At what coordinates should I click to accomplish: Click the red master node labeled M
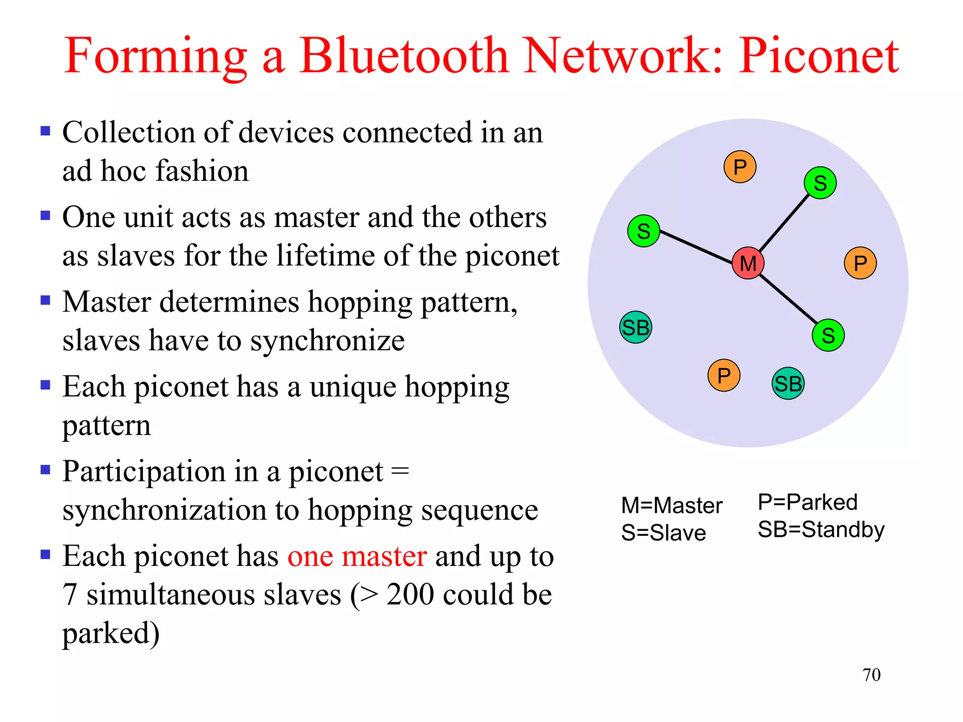pyautogui.click(x=748, y=263)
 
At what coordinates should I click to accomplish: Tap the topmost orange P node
pyautogui.click(x=740, y=167)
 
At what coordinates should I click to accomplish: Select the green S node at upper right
pyautogui.click(x=820, y=183)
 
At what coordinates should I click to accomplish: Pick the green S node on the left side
pyautogui.click(x=643, y=231)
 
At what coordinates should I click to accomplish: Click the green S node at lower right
pyautogui.click(x=828, y=335)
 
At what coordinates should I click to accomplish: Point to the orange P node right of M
pyautogui.click(x=860, y=263)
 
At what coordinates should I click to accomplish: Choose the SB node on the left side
pyautogui.click(x=636, y=327)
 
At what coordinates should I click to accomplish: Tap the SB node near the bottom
pyautogui.click(x=788, y=384)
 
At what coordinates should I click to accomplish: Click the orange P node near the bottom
pyautogui.click(x=724, y=375)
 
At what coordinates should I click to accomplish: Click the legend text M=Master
pyautogui.click(x=671, y=506)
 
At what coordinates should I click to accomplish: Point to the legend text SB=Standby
pyautogui.click(x=821, y=530)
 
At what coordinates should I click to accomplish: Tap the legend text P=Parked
pyautogui.click(x=807, y=502)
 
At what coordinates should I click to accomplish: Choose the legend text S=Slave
pyautogui.click(x=663, y=533)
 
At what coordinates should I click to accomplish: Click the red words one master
pyautogui.click(x=357, y=557)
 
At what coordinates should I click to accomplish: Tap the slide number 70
pyautogui.click(x=871, y=675)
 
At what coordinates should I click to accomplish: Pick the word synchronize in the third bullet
pyautogui.click(x=327, y=341)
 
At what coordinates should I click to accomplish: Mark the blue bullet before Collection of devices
pyautogui.click(x=46, y=131)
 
